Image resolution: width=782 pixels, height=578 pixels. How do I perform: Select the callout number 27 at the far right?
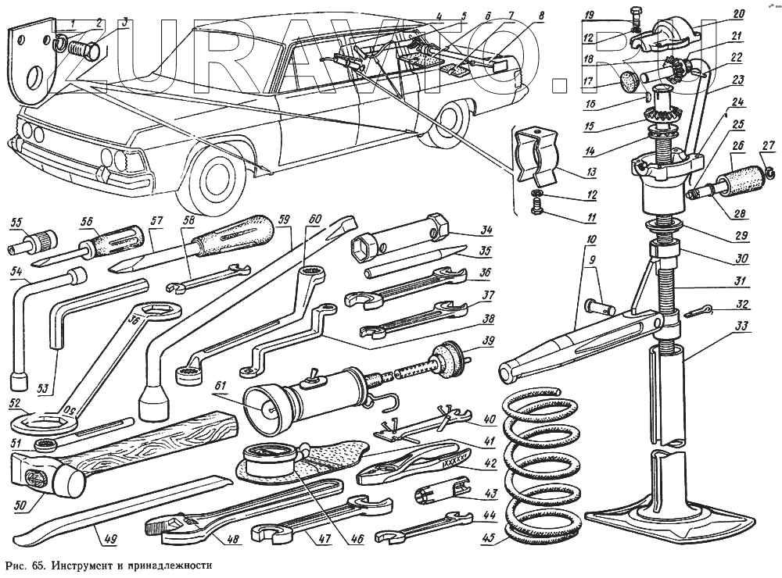point(768,144)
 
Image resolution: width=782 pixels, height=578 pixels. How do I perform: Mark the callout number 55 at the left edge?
point(15,223)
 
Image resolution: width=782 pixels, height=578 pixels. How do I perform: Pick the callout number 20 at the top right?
point(738,13)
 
